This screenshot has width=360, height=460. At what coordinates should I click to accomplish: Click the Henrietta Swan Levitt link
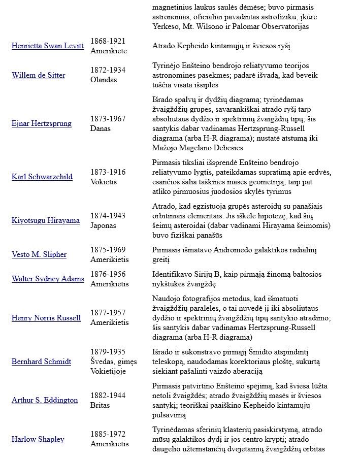coord(47,46)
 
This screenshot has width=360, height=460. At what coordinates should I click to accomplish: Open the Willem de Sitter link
coord(38,75)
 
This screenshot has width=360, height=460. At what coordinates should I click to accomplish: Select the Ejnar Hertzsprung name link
coord(41,123)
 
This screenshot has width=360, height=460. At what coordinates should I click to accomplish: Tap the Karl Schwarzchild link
coord(42,177)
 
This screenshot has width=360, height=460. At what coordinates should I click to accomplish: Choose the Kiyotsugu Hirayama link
coord(45,220)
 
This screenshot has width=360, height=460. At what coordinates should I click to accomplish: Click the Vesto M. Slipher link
coord(39,254)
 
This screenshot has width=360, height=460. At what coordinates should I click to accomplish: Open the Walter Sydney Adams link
coord(48,279)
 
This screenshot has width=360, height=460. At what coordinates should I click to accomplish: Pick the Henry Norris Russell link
coord(46,318)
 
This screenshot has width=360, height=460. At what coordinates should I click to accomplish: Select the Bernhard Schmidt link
coord(41,362)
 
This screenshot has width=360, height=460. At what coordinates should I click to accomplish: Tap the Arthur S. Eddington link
coord(45,400)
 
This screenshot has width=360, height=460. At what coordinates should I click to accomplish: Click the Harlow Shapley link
coord(38,439)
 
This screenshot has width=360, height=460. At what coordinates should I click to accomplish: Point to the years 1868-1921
coord(108,41)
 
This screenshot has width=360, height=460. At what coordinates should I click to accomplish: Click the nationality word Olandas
coord(104,80)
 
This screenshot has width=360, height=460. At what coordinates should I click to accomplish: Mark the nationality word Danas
coord(101,128)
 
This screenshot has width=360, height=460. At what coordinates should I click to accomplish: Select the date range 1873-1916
coord(108,172)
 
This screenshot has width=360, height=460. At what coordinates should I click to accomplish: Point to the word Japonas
coord(103,225)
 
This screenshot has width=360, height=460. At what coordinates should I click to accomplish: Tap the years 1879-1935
coord(108,352)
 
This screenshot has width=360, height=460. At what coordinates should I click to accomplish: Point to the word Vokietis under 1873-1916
coord(104,182)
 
